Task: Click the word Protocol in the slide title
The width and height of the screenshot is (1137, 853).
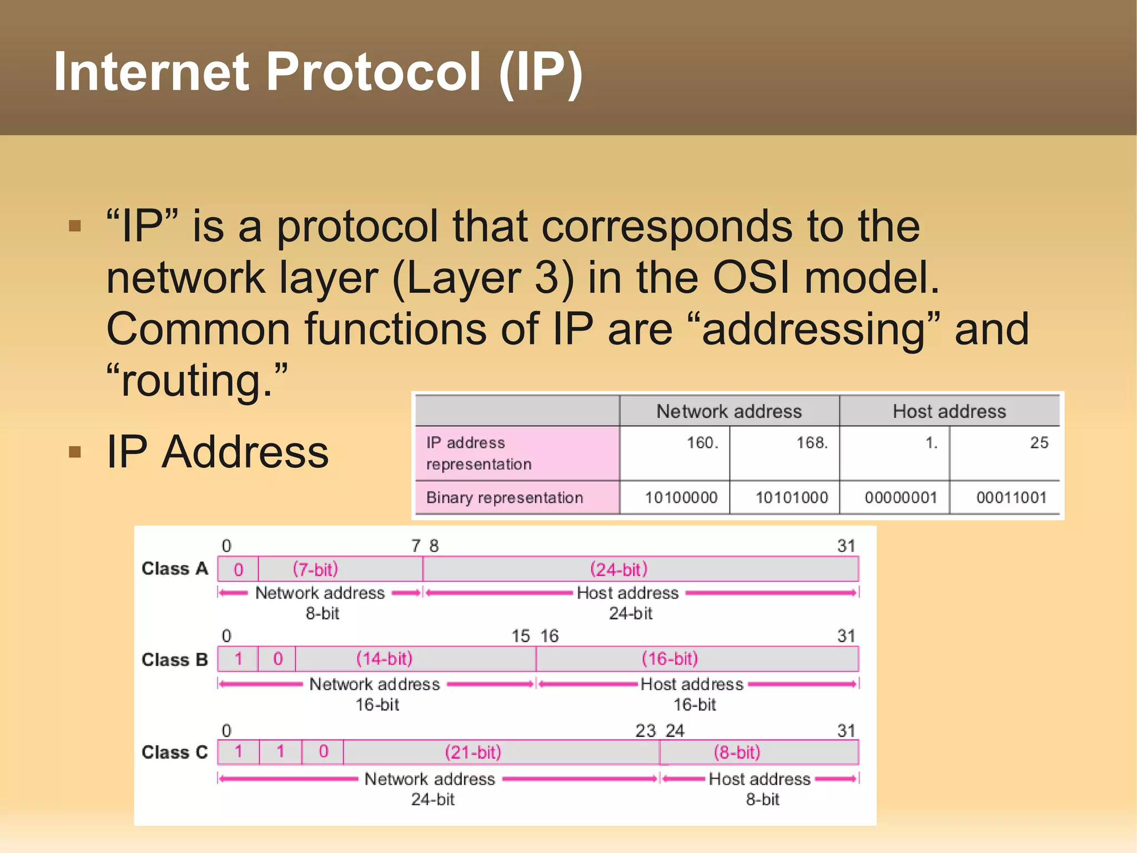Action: (373, 72)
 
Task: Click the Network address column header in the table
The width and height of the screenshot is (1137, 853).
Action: (728, 411)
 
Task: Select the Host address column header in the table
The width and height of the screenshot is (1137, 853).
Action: (949, 411)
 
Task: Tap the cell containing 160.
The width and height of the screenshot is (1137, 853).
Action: (702, 443)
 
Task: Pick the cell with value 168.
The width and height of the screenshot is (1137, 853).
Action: (812, 443)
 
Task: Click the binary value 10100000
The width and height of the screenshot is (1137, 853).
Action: (681, 497)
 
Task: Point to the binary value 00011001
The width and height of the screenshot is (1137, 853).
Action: (1011, 497)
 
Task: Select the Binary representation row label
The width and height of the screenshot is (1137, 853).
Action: (504, 497)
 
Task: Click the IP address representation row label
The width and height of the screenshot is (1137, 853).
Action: (479, 453)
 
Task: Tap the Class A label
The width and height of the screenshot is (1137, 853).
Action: (174, 568)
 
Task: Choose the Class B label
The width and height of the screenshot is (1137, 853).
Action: (174, 660)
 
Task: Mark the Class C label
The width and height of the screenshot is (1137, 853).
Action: (174, 752)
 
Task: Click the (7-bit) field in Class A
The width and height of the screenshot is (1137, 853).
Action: (315, 570)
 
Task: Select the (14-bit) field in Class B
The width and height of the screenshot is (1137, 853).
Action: (384, 659)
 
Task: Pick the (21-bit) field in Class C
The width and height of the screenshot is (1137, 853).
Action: (473, 752)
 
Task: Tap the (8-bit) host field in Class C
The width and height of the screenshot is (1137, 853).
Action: (737, 752)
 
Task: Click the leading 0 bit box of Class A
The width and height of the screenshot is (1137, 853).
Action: (238, 570)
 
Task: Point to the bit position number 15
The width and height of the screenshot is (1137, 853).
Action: (520, 636)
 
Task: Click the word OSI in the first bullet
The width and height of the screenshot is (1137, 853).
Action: (751, 277)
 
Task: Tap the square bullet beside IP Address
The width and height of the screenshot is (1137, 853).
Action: (75, 452)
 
